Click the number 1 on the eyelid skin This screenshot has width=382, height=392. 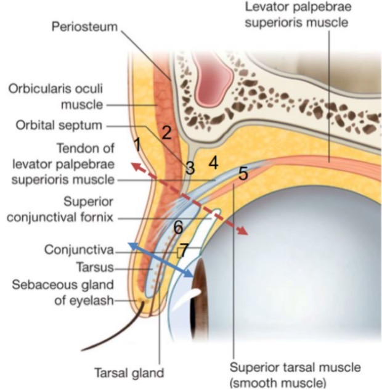(137, 145)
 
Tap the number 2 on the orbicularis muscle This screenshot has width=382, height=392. (165, 131)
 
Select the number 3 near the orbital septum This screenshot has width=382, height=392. (190, 167)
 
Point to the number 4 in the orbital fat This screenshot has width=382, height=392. (213, 163)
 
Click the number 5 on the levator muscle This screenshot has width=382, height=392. (243, 174)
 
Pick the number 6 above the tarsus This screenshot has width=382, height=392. (177, 228)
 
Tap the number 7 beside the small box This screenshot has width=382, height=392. (184, 249)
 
